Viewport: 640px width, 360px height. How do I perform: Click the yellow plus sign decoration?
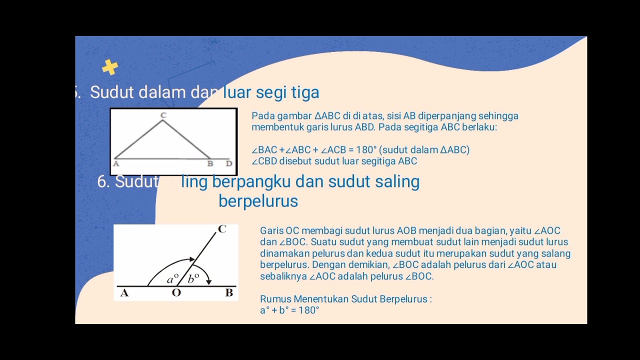[x=110, y=67]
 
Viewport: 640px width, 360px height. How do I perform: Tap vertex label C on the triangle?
[x=163, y=115]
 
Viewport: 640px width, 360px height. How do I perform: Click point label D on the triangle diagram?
[x=229, y=163]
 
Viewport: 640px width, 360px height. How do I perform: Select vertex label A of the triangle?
[x=116, y=163]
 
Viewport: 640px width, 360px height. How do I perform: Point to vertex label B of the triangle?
[x=210, y=163]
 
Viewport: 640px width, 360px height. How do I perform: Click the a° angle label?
[x=172, y=279]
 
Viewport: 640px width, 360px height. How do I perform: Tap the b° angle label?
[x=193, y=279]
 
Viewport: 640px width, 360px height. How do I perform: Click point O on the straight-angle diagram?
[x=176, y=293]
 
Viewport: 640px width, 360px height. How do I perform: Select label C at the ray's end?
[x=222, y=229]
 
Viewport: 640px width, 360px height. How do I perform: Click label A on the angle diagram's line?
[x=124, y=293]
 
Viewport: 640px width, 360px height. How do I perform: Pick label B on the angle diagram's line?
[x=229, y=293]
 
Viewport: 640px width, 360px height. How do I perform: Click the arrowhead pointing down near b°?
[x=209, y=281]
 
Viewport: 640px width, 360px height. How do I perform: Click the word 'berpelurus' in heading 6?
[x=258, y=201]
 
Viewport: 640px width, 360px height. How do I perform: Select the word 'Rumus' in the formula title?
[x=275, y=299]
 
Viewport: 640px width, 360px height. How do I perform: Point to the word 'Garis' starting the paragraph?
[x=271, y=230]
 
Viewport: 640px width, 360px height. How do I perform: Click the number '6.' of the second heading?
[x=103, y=181]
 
